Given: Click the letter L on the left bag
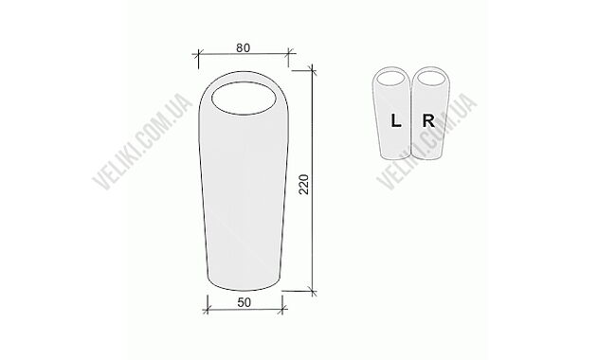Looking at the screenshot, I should coord(395,120).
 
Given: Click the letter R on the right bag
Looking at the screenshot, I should coord(428,120).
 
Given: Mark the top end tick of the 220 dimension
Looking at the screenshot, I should coord(314,70).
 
